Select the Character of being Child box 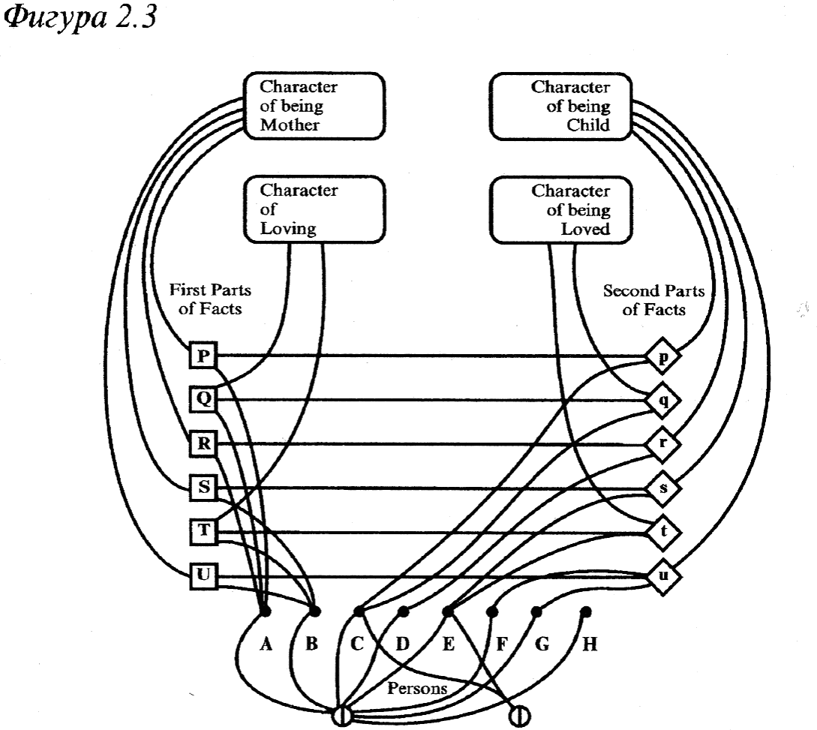(x=560, y=106)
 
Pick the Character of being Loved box (x=560, y=209)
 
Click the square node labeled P (x=202, y=356)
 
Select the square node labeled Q (x=202, y=400)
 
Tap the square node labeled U (x=202, y=576)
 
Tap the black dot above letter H (x=585, y=611)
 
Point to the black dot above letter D (x=404, y=611)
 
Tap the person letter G (x=542, y=645)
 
